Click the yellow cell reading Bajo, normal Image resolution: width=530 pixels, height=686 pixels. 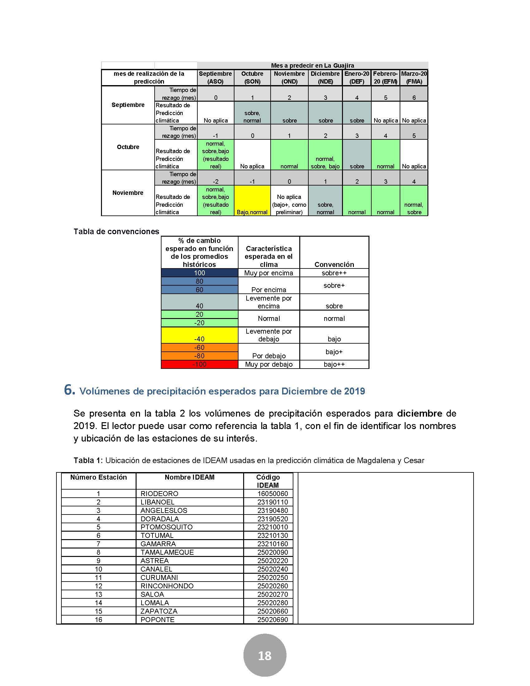coord(252,200)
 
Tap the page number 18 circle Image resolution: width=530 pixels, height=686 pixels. coord(265,655)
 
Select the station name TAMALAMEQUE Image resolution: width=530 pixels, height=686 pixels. coord(167,552)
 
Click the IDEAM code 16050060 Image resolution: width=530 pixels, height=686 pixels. coord(272,494)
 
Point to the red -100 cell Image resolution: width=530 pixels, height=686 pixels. coord(200,364)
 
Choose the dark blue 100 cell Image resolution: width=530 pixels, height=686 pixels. coord(200,273)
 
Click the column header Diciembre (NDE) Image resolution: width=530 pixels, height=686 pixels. coord(325,78)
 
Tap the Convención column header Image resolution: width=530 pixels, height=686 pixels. coord(334,264)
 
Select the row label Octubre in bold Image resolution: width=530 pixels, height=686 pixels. coord(128,147)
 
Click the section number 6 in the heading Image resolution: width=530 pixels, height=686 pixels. coord(69,390)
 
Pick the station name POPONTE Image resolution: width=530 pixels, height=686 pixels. coord(157,619)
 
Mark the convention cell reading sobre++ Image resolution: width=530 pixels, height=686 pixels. coord(334,273)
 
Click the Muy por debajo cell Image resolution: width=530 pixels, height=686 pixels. coord(268,364)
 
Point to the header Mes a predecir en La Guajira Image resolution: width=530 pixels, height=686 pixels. coord(312,66)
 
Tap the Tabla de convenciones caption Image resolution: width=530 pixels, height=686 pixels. coord(117,231)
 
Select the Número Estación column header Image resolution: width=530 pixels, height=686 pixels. coord(98,477)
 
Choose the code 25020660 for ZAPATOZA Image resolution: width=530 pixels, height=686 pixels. coord(272,611)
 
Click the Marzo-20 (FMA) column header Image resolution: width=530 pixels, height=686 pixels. coord(414,78)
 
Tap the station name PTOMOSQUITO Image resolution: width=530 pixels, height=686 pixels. coord(166,527)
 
